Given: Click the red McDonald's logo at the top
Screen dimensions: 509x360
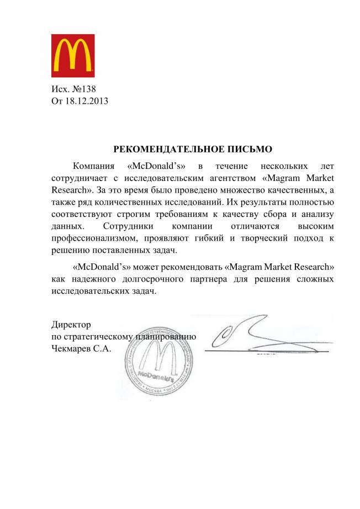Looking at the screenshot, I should pos(73,55).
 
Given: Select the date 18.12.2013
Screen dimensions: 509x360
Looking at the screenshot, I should pos(87,101).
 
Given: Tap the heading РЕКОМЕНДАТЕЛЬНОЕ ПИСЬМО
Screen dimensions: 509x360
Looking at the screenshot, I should pos(193,149).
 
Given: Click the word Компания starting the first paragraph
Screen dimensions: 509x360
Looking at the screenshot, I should pos(94,165).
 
